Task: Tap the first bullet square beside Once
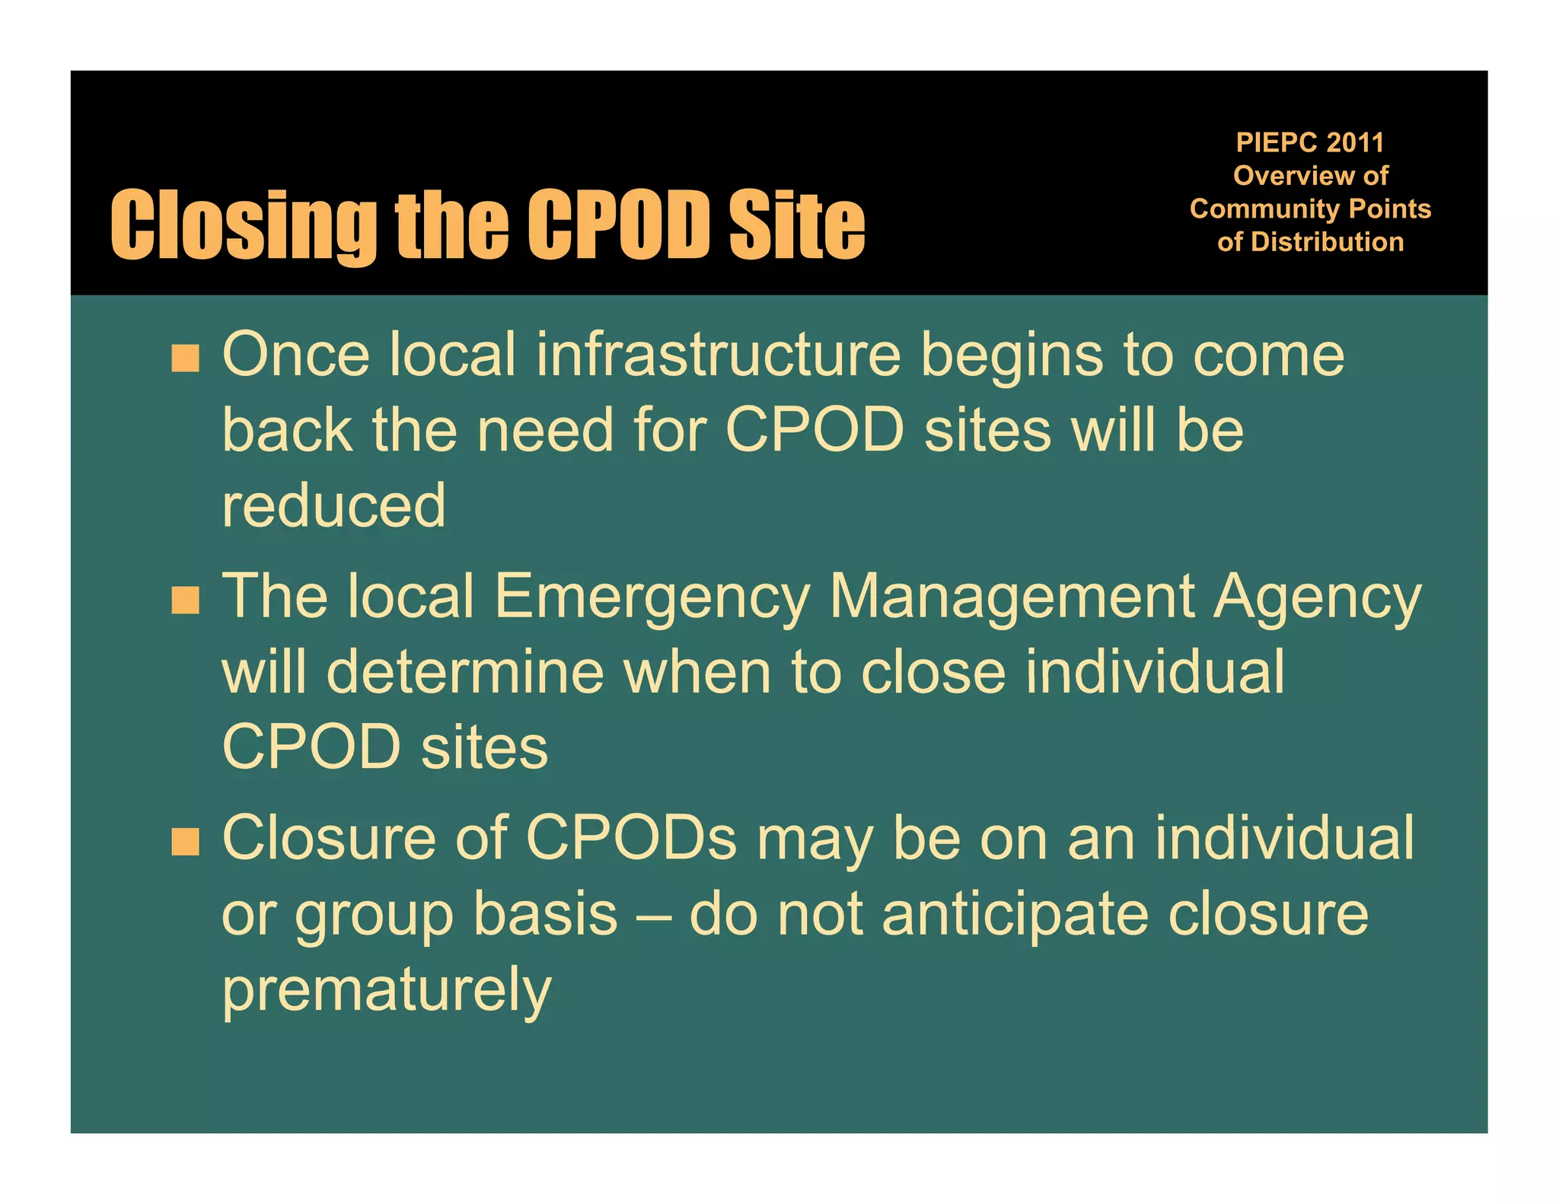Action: (x=185, y=358)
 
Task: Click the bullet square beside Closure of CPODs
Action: (x=185, y=842)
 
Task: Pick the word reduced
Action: (x=333, y=505)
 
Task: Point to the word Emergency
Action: (x=652, y=598)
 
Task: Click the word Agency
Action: (x=1318, y=598)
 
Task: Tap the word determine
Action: (x=465, y=672)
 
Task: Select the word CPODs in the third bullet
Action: (x=631, y=838)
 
